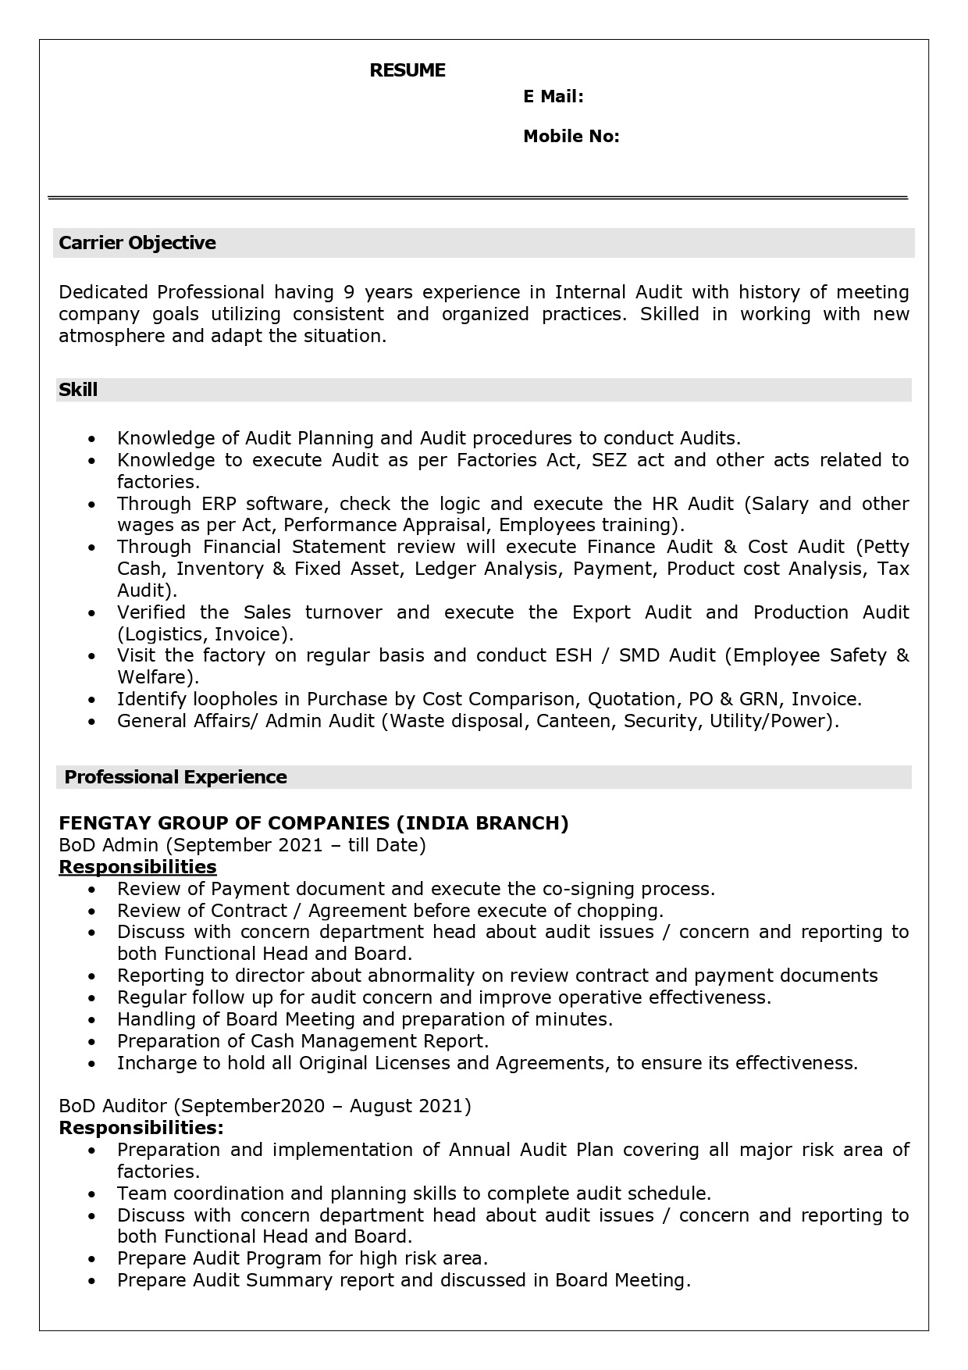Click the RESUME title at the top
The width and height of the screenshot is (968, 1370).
coord(407,70)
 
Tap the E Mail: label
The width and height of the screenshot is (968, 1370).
coord(553,96)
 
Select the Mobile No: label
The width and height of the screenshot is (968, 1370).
coord(571,137)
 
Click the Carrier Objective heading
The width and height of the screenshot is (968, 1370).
coord(137,243)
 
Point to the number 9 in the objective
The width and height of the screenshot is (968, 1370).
coord(349,292)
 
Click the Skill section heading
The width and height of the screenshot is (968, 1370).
coord(78,390)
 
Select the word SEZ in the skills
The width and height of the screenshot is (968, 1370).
coord(609,460)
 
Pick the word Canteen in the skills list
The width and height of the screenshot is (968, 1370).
coord(577,721)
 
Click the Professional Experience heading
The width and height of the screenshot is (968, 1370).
coord(176,777)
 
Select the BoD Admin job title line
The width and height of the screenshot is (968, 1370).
coord(242,845)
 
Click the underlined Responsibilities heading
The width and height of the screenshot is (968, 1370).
coord(137,867)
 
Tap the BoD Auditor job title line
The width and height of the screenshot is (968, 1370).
coord(265,1106)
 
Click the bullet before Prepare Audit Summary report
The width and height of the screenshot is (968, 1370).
coord(93,1281)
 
